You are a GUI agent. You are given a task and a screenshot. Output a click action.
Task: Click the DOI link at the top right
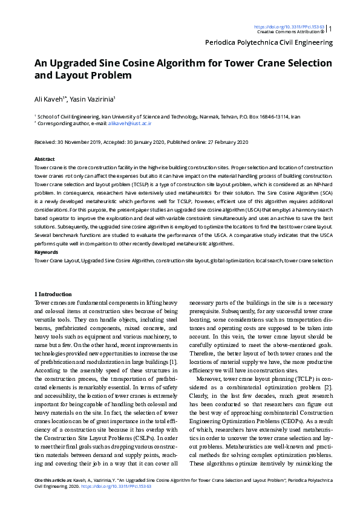point(289,27)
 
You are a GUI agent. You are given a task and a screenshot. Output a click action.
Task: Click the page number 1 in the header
point(330,28)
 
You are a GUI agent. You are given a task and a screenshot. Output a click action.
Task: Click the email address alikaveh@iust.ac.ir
point(129,123)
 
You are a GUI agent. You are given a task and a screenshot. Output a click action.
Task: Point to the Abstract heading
point(44,158)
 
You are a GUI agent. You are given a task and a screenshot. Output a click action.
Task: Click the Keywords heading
point(46,251)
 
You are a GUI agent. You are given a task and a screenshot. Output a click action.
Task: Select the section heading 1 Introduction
point(54,293)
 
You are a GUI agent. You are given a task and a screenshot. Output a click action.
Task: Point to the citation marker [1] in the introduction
point(174,361)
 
